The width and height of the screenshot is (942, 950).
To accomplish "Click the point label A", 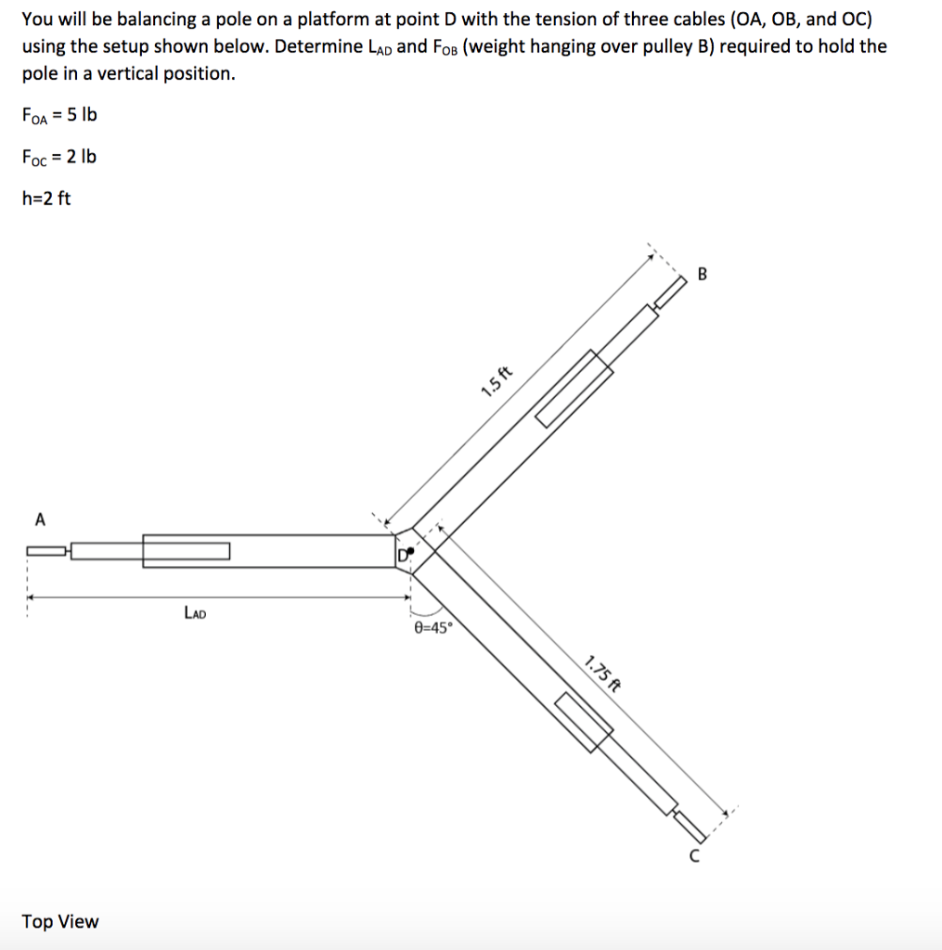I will click(40, 520).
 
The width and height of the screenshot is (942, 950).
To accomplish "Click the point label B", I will click(702, 274).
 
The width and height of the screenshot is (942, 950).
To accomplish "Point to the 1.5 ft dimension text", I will click(497, 381).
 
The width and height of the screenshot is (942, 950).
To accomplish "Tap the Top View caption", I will click(60, 921).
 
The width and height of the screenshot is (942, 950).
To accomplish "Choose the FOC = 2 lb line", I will click(58, 156).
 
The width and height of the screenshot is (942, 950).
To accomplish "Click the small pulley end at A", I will click(45, 551).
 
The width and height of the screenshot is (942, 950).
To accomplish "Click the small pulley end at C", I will click(689, 823).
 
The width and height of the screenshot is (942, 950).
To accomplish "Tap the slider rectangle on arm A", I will click(186, 551).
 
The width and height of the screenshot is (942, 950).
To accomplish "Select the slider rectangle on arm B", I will click(574, 388).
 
